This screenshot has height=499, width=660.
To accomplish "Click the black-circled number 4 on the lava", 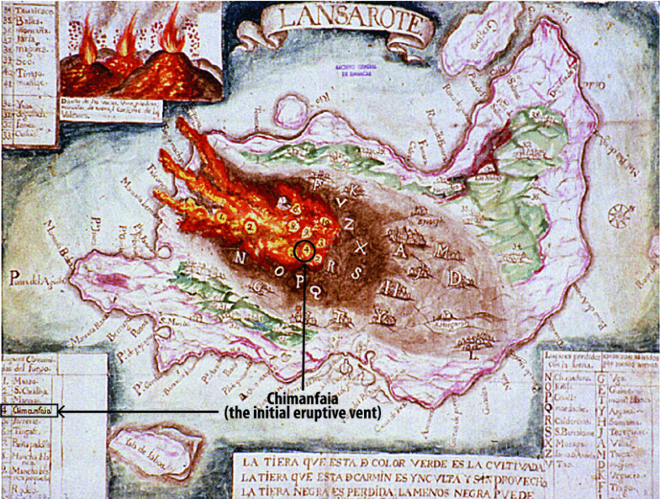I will tap(306, 249).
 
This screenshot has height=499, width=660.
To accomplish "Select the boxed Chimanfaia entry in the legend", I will tap(32, 411).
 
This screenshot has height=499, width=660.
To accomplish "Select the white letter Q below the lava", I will tap(314, 291).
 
